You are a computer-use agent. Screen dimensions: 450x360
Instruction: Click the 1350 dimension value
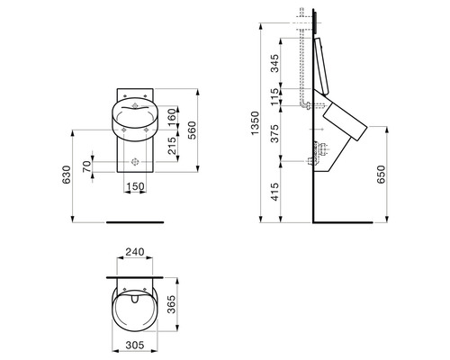coord(255,123)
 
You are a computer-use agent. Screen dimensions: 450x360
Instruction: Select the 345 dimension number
coord(274,63)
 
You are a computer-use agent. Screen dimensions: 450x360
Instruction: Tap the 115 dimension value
coord(274,97)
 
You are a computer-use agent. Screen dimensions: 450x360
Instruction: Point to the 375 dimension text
coord(274,133)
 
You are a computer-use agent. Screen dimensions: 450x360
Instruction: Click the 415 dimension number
coord(274,192)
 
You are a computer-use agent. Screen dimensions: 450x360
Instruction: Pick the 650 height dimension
coord(381,175)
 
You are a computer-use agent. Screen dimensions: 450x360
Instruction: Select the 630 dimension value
coord(67,175)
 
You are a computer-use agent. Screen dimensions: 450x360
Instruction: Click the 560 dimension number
coord(191,130)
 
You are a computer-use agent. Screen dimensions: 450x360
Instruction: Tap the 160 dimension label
coord(171,118)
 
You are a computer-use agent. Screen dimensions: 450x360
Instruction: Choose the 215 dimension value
coord(172,146)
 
